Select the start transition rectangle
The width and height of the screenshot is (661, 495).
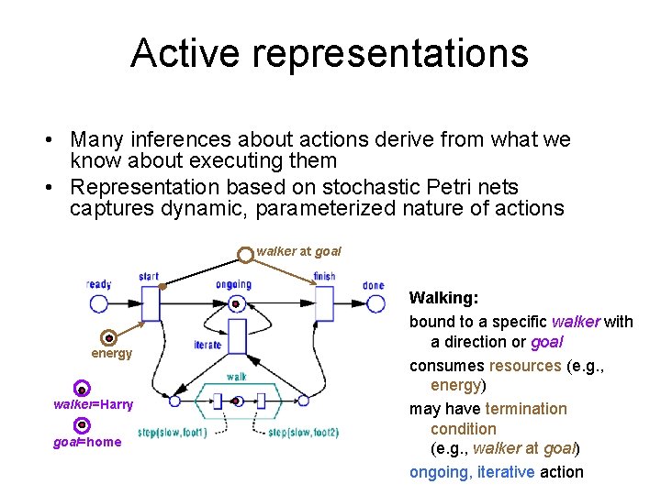click(x=151, y=302)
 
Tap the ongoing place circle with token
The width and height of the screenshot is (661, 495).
click(x=236, y=302)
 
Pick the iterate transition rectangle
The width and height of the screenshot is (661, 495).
click(x=236, y=336)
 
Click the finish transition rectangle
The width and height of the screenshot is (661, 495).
click(x=324, y=302)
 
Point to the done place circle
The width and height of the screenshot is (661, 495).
click(x=374, y=302)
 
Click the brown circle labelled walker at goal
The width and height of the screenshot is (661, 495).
click(x=245, y=253)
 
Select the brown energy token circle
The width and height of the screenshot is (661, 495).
click(x=108, y=337)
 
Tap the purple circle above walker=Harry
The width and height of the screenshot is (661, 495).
click(x=82, y=389)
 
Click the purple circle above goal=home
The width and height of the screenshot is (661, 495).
click(x=82, y=425)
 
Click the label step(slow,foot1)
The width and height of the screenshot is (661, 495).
click(x=172, y=433)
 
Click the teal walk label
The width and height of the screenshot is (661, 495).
click(x=236, y=377)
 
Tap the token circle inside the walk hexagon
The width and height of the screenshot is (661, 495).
click(x=237, y=401)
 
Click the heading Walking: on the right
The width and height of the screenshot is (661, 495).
click(x=443, y=298)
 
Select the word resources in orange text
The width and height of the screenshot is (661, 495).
click(x=524, y=365)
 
